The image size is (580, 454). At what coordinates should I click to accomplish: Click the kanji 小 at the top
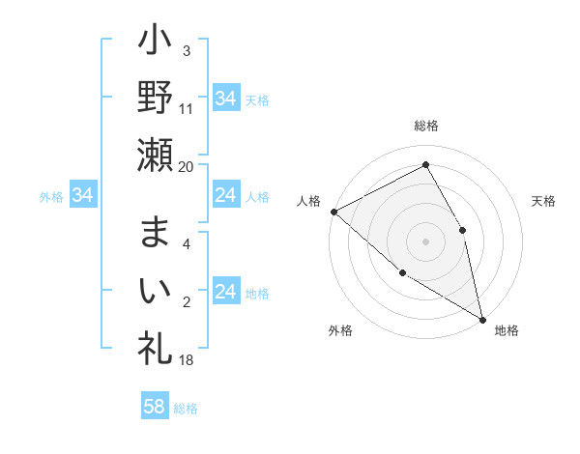(x=156, y=44)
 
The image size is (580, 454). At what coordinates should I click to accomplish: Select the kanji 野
(x=156, y=98)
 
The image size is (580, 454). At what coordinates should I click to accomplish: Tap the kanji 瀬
(x=156, y=155)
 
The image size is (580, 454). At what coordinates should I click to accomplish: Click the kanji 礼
(x=156, y=345)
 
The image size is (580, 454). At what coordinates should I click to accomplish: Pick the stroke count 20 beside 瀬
(x=187, y=166)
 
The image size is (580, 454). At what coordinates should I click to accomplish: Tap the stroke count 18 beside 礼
(x=187, y=359)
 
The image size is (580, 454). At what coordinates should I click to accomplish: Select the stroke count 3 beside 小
(x=187, y=50)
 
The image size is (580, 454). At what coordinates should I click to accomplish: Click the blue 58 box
(x=154, y=407)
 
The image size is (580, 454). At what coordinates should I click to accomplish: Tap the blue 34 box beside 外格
(x=82, y=196)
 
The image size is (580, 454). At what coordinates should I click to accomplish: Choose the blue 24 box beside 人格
(x=225, y=196)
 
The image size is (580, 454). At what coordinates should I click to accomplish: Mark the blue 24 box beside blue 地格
(x=225, y=293)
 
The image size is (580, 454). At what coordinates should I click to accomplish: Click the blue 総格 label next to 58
(x=186, y=408)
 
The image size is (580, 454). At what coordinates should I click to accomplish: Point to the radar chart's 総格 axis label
(x=425, y=127)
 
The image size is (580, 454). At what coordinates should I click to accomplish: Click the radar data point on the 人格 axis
(x=333, y=211)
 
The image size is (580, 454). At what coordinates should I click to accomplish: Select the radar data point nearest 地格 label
(x=481, y=318)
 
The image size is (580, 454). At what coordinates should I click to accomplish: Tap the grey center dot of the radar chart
(x=425, y=241)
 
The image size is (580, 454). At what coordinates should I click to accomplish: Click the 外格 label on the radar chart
(x=340, y=331)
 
